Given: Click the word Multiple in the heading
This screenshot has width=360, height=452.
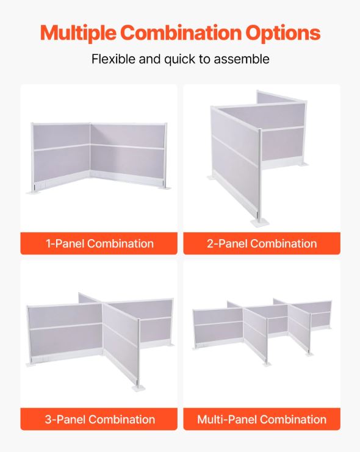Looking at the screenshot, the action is (x=79, y=33).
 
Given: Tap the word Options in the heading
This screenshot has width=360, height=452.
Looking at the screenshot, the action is (x=283, y=33).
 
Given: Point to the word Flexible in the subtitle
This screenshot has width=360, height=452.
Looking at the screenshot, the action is (x=113, y=59).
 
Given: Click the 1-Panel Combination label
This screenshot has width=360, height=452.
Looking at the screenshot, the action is (x=99, y=243).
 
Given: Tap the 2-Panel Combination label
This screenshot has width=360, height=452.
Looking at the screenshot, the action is (x=262, y=243).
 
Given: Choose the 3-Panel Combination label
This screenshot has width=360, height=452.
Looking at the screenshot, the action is (x=100, y=420).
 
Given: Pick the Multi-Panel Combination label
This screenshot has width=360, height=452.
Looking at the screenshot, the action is (x=262, y=420).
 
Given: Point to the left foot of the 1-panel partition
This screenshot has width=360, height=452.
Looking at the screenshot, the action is (x=34, y=192).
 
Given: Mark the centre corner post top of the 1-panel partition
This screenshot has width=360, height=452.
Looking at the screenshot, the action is (x=90, y=124).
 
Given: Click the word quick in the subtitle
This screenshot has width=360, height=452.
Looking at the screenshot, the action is (x=179, y=60).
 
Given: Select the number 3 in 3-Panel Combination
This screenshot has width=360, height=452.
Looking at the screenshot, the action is (x=48, y=420).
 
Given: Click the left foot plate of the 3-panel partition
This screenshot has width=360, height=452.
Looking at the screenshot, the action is (x=32, y=364).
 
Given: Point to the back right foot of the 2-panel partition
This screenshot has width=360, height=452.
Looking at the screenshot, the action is (x=303, y=165).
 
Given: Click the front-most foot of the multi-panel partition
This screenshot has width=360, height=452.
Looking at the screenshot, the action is (x=267, y=364).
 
